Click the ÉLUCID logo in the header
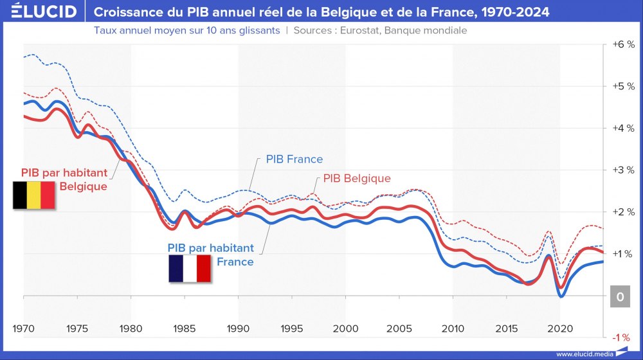coord(40,12)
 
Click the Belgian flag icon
coord(33,195)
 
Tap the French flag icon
coord(190,269)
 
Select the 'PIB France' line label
coord(294,159)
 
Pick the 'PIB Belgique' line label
coord(356,178)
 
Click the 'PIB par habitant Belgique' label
coord(64,179)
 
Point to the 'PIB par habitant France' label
coord(211,255)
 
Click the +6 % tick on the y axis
coord(623,44)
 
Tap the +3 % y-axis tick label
coord(623,170)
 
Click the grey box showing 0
coord(620,297)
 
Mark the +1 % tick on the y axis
coord(623,254)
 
